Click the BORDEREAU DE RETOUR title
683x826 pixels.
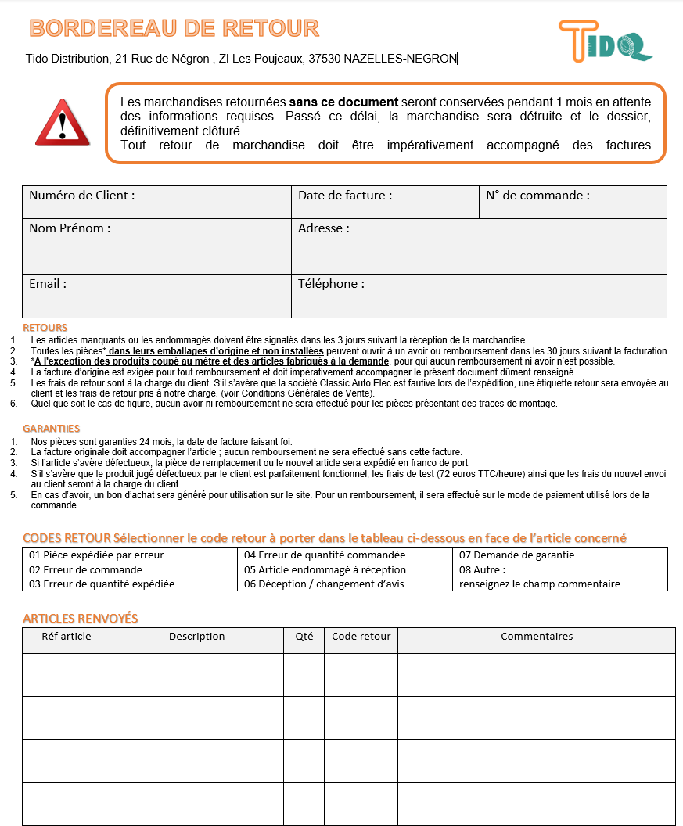[174, 28]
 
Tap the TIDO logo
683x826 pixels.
[605, 41]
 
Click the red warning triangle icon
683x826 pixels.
[63, 124]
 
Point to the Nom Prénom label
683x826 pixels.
[70, 228]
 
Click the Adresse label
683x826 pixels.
[323, 228]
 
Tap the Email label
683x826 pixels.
[48, 284]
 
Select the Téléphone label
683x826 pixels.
[331, 284]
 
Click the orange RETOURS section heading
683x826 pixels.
[45, 328]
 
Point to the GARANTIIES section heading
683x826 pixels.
[52, 429]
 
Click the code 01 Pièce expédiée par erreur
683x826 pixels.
[96, 555]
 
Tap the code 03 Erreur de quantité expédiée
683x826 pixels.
[102, 584]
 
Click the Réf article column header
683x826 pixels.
[67, 637]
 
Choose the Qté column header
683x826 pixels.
[304, 637]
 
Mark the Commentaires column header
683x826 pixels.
[536, 637]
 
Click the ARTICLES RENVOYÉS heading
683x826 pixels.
[81, 619]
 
